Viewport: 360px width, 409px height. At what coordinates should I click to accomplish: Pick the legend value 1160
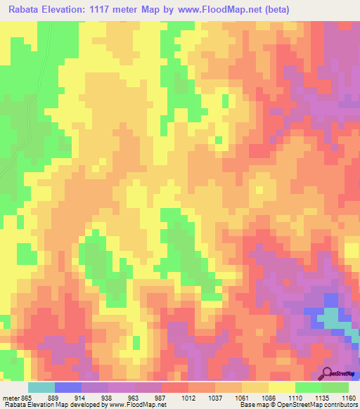click(x=349, y=398)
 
